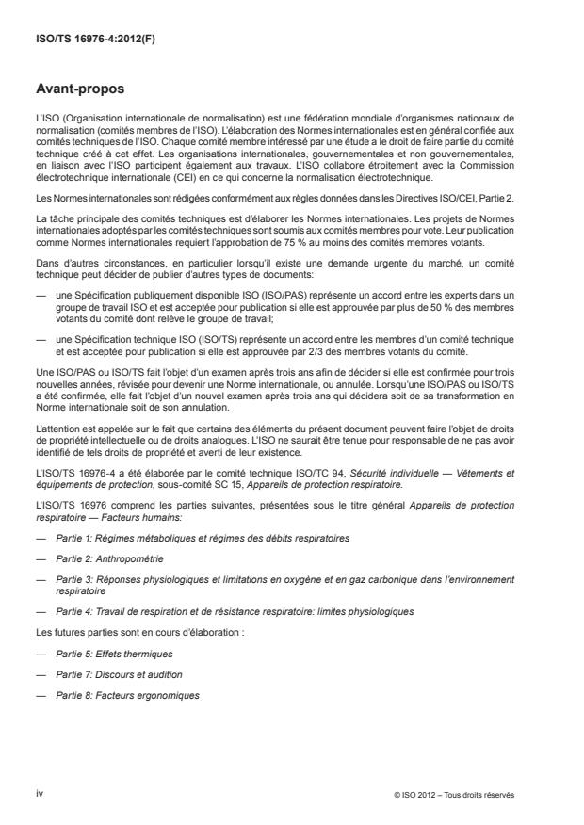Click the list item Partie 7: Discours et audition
117,674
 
